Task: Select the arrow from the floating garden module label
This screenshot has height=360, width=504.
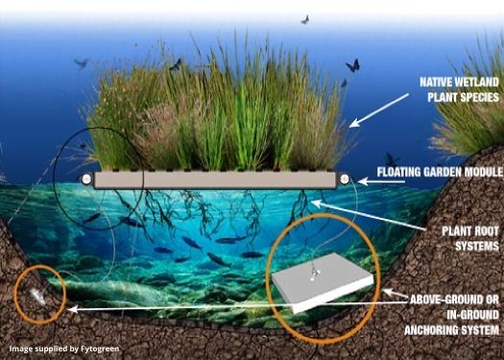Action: (x=361, y=178)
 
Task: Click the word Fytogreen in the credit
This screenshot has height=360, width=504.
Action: (x=98, y=348)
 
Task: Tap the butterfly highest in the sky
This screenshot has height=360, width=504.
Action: (x=305, y=19)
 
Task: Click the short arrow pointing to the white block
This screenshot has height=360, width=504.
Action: (x=394, y=291)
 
